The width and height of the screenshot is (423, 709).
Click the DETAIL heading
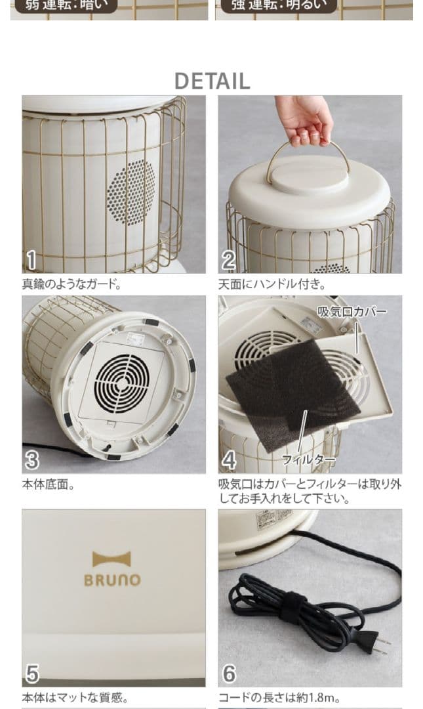pos(212,81)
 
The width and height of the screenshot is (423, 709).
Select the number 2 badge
pos(228,260)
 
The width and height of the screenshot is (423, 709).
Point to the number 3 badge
pos(31,460)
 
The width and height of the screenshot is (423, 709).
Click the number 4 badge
pos(228,460)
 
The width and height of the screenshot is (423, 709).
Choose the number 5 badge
pos(31,674)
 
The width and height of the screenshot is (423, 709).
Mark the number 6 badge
pos(228,674)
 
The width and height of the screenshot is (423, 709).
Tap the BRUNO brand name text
pos(112,580)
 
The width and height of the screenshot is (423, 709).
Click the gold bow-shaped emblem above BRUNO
pos(111,559)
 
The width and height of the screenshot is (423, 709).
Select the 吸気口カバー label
pos(352,311)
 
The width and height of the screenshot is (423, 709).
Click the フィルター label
pos(308,460)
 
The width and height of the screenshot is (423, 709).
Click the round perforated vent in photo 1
pos(131,193)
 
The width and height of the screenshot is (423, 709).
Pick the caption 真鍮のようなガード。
pos(71,285)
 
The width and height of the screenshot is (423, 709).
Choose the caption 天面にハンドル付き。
pos(272,285)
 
